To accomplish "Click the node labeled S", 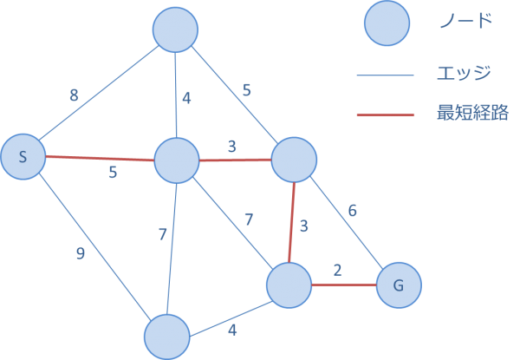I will point(23,157).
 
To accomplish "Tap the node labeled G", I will point(399,285).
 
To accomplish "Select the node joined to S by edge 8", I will point(176,30).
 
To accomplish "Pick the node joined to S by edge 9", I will point(166,337).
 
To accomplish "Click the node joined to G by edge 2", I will point(289,285).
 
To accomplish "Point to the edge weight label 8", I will point(75,95).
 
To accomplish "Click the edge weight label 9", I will point(80,254).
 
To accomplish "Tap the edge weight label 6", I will point(353,211).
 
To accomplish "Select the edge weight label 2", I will point(338,269).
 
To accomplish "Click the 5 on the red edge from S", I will point(112,173).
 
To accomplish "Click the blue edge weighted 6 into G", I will point(347,222).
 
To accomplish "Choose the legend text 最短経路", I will point(473,114).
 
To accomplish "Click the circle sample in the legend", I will point(387,23).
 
